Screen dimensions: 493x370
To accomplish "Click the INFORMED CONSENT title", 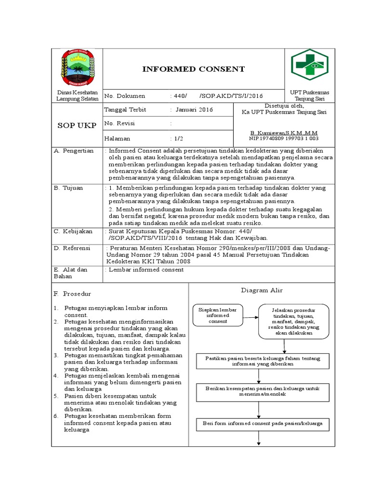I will click(x=193, y=69).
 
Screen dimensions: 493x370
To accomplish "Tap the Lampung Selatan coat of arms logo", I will click(x=78, y=69).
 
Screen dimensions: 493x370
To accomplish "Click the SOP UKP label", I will click(x=77, y=126).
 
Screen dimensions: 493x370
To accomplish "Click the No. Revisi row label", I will click(x=120, y=124).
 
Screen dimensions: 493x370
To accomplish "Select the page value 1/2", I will click(x=179, y=138).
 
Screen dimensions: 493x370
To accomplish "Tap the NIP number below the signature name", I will click(x=284, y=139).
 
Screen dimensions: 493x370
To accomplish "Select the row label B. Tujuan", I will click(x=68, y=188).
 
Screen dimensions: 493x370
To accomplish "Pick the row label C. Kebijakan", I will click(x=73, y=232).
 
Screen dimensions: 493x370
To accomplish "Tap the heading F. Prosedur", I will click(x=72, y=294).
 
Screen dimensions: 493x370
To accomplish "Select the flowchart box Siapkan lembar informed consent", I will click(x=217, y=316).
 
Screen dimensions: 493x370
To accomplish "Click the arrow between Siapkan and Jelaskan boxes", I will click(x=250, y=317).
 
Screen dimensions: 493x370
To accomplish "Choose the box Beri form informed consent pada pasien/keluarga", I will click(x=263, y=424).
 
